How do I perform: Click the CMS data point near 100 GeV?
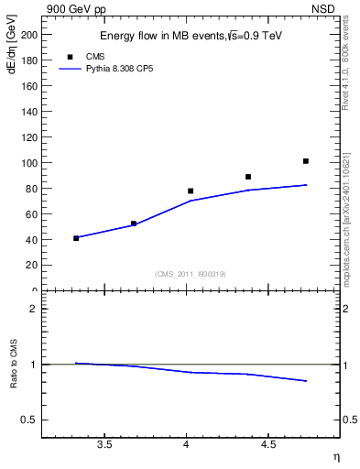(x=306, y=161)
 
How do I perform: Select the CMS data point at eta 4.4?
(x=248, y=177)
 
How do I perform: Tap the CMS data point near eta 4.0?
(x=191, y=191)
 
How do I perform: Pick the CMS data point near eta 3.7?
(x=134, y=224)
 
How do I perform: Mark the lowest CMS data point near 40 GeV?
(x=76, y=238)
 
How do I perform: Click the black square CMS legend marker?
(x=70, y=57)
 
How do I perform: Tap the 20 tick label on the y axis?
(x=31, y=265)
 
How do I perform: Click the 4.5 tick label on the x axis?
(x=268, y=444)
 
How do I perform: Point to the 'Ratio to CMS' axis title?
(x=14, y=364)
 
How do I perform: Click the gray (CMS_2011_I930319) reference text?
(x=191, y=274)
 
